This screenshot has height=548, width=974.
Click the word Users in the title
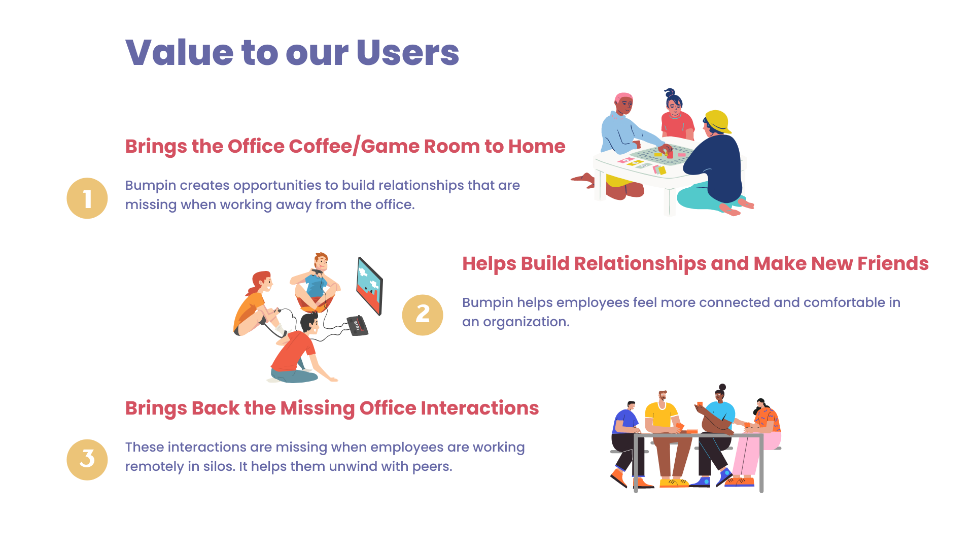tap(408, 52)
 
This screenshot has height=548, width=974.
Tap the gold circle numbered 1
tap(87, 198)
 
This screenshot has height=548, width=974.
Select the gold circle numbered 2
tap(423, 315)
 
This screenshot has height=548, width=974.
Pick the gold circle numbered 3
tap(87, 460)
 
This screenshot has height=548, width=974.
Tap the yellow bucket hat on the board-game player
tap(718, 122)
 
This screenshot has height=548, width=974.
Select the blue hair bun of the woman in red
tap(670, 93)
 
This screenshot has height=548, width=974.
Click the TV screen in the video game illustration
tap(370, 286)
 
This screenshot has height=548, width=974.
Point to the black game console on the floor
tap(357, 325)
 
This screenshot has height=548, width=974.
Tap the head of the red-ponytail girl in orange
tap(262, 282)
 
